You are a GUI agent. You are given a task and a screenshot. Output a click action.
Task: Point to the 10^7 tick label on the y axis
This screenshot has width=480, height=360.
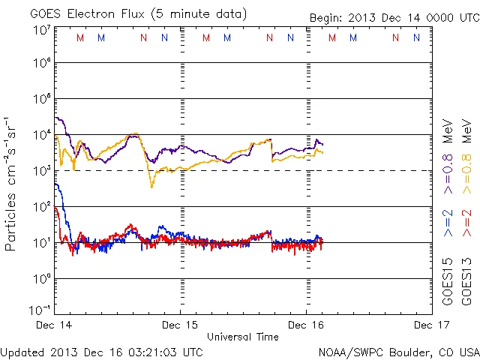click(41, 29)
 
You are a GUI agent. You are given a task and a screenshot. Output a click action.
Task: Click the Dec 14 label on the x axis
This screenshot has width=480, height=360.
click(55, 325)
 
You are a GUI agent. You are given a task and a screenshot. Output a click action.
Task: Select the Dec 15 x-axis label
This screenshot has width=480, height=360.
click(181, 325)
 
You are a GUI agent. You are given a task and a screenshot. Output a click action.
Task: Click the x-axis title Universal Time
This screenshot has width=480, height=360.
click(243, 337)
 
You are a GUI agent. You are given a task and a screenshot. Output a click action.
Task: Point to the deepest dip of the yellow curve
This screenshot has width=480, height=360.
click(151, 186)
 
